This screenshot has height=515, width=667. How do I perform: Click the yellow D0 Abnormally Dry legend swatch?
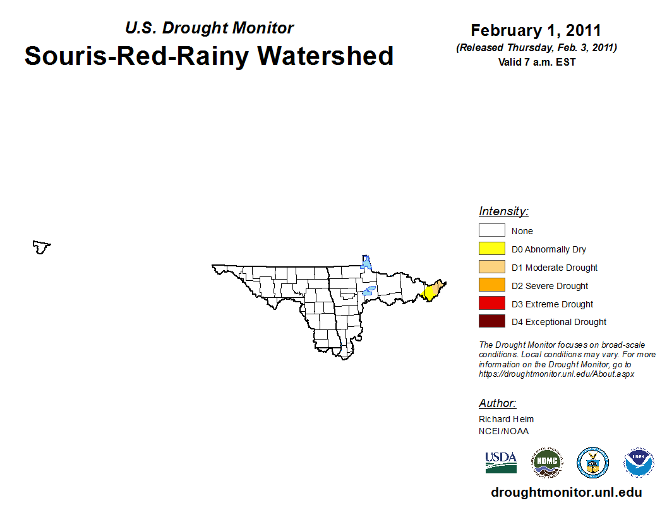(x=492, y=249)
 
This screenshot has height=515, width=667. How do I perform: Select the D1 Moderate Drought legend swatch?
(x=492, y=267)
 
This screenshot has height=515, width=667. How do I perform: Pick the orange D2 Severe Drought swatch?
(x=492, y=285)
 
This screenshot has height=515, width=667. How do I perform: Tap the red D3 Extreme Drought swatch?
(x=492, y=303)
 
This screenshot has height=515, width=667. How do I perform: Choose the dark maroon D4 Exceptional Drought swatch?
(x=492, y=321)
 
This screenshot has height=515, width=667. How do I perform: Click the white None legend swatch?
(x=492, y=230)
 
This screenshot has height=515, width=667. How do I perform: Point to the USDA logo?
(x=501, y=463)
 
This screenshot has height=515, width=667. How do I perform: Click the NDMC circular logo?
(x=547, y=463)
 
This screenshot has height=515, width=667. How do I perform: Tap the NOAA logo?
(x=639, y=463)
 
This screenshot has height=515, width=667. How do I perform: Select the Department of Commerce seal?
(x=592, y=463)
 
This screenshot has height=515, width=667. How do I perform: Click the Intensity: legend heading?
(x=503, y=211)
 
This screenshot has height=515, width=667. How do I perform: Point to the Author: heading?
(x=497, y=403)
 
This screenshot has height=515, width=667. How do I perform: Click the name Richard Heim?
(x=506, y=419)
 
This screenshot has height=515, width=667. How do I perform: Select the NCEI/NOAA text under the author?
(x=503, y=431)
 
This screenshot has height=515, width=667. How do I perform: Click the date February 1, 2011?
(x=536, y=30)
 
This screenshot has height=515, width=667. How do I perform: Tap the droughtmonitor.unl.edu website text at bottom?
(x=566, y=492)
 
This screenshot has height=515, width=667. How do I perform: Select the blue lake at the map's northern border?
(x=366, y=262)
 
